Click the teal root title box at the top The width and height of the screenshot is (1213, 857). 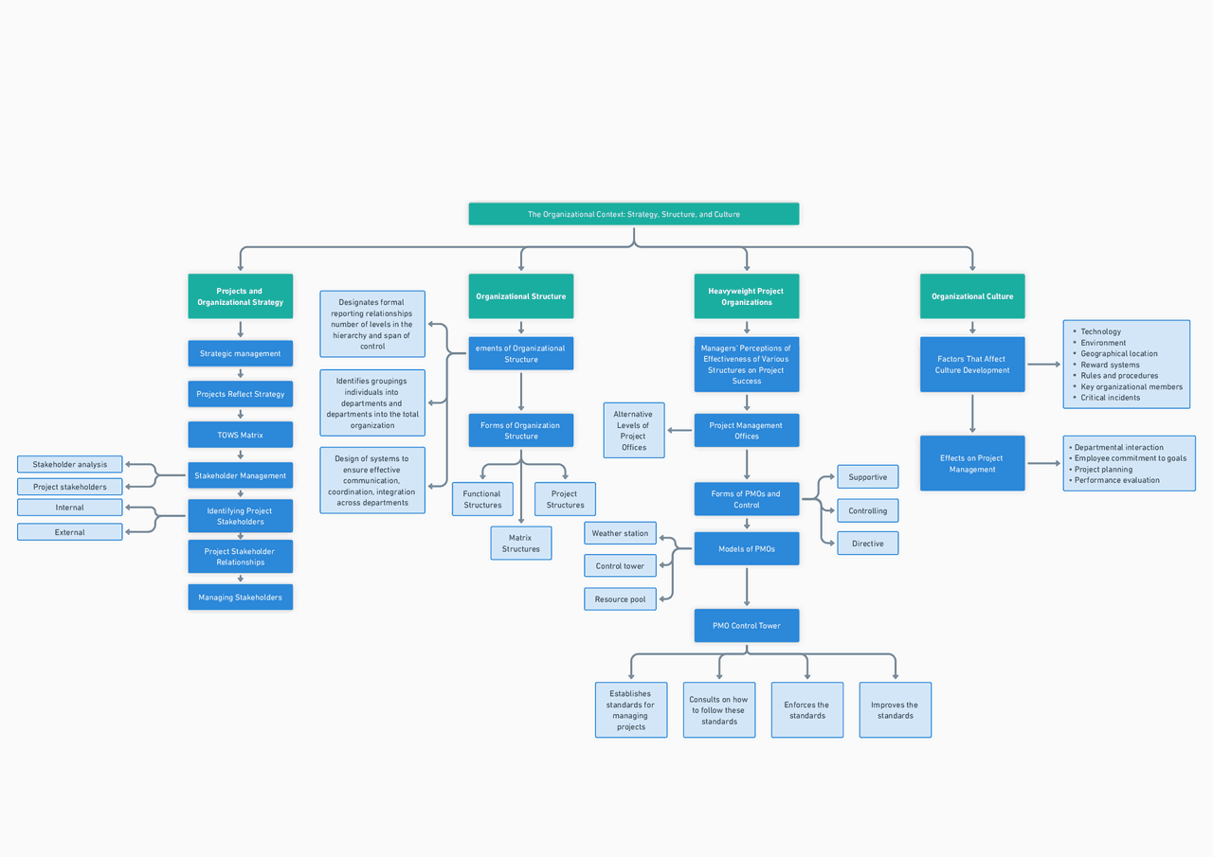[x=633, y=214]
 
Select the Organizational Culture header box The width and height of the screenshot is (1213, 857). [x=972, y=296]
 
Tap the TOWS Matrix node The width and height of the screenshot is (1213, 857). [x=240, y=435]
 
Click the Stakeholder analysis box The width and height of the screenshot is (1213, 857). [x=70, y=464]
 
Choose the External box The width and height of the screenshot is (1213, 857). [x=70, y=532]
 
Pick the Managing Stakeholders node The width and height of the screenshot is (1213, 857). [x=240, y=598]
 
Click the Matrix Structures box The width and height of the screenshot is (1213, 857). [x=520, y=544]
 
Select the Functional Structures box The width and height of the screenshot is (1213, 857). [x=482, y=499]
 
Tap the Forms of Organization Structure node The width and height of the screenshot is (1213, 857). [x=520, y=431]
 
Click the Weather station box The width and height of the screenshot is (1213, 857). [x=620, y=533]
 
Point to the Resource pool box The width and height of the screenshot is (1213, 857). [x=620, y=599]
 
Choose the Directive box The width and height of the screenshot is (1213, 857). [x=867, y=544]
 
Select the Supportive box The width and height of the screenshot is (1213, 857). [x=867, y=477]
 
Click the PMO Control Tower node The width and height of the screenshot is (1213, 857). [x=747, y=626]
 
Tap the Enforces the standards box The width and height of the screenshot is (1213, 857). [x=806, y=710]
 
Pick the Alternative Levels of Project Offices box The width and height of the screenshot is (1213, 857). [x=633, y=431]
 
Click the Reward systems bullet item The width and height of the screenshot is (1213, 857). [x=1110, y=365]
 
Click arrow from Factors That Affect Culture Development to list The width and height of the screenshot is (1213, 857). [x=1043, y=364]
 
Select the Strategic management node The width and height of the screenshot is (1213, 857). [x=240, y=353]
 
